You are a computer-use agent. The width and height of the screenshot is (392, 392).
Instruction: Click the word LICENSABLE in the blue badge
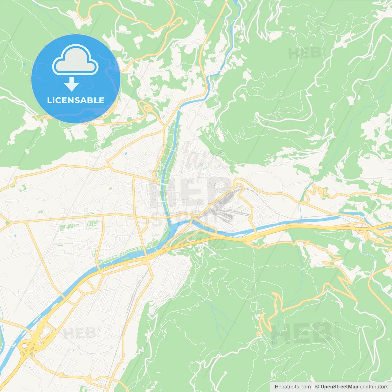pyautogui.click(x=76, y=100)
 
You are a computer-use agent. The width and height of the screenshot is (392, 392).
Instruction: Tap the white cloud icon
pyautogui.click(x=75, y=60)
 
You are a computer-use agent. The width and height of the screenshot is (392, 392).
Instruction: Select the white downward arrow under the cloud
pyautogui.click(x=71, y=84)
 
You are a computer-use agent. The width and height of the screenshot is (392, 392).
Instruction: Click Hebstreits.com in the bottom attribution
pyautogui.click(x=292, y=387)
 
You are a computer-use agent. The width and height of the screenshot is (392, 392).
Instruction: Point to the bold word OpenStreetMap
pyautogui.click(x=339, y=387)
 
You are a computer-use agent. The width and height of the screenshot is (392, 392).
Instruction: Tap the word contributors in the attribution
pyautogui.click(x=374, y=387)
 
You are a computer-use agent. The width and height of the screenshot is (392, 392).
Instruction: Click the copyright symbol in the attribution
pyautogui.click(x=317, y=387)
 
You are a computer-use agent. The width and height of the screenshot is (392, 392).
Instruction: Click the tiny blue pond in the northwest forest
pyautogui.click(x=24, y=64)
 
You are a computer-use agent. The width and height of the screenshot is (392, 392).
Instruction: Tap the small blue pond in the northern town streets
pyautogui.click(x=125, y=153)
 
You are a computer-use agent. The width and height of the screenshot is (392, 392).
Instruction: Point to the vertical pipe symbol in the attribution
pyautogui.click(x=313, y=387)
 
